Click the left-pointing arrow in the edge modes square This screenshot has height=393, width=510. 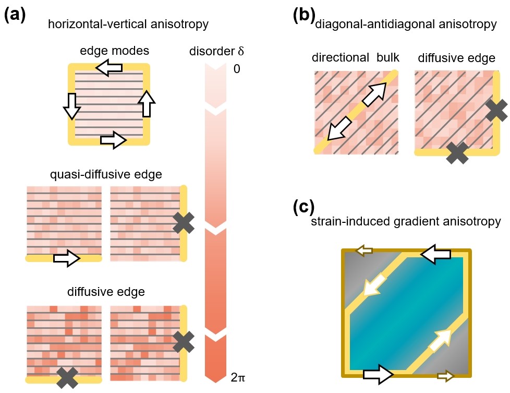pos(110,67)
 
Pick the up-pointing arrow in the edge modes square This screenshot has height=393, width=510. pos(148,102)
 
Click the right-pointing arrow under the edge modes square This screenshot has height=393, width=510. pos(113,140)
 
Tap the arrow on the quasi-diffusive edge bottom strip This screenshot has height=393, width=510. pos(66,257)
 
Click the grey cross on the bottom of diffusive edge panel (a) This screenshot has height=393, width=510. pos(68,376)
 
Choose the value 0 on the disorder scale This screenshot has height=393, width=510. pos(237,68)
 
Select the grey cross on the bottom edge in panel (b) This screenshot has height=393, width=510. pos(457,152)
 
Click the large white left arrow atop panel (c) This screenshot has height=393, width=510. pos(434,254)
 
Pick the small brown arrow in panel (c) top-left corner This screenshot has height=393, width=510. pos(363,251)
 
